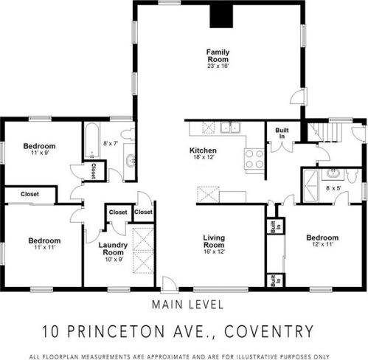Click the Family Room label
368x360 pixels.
pyautogui.click(x=218, y=56)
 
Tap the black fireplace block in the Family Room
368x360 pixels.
pyautogui.click(x=221, y=16)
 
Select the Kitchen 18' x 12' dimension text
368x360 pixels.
pyautogui.click(x=203, y=157)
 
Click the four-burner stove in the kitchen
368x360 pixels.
pyautogui.click(x=254, y=159)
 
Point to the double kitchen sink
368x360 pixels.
pyautogui.click(x=230, y=128)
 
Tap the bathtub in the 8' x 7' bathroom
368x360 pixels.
pyautogui.click(x=92, y=140)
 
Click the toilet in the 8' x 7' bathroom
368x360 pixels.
pyautogui.click(x=128, y=134)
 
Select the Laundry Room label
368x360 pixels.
pyautogui.click(x=114, y=249)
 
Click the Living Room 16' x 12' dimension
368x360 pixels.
pyautogui.click(x=214, y=252)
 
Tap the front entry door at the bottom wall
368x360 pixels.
pyautogui.click(x=170, y=285)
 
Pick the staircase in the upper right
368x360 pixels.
pyautogui.click(x=324, y=132)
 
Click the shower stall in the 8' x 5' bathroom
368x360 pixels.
pyautogui.click(x=310, y=186)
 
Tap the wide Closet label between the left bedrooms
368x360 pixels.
pyautogui.click(x=29, y=194)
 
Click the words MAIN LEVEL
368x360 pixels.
pyautogui.click(x=188, y=305)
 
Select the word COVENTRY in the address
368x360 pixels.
pyautogui.click(x=268, y=331)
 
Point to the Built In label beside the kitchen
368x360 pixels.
pyautogui.click(x=282, y=133)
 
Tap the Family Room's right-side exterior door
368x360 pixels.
pyautogui.click(x=299, y=97)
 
